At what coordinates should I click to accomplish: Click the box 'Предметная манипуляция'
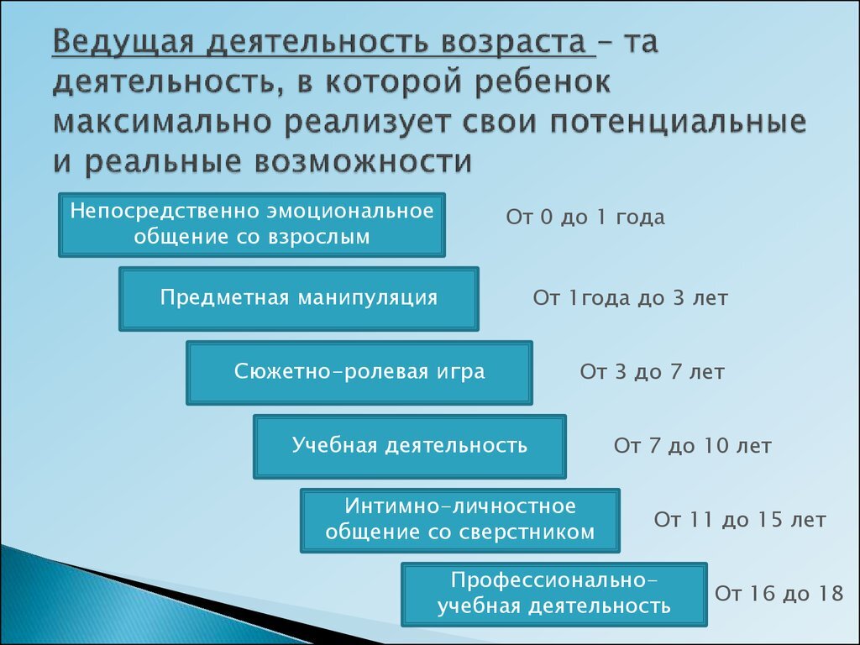coord(299,299)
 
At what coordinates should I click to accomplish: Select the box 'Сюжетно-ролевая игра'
coord(359,372)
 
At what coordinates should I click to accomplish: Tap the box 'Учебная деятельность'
coord(410,446)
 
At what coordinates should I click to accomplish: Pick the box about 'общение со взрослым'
coord(252,224)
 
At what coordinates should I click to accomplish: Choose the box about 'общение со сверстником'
coord(460,520)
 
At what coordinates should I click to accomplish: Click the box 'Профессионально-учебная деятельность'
coord(554,594)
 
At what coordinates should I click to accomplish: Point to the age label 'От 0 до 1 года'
coord(585,218)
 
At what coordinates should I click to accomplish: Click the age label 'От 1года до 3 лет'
coord(630,298)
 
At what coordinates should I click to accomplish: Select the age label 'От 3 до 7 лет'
coord(652,372)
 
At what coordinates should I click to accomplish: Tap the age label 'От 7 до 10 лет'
coord(692,446)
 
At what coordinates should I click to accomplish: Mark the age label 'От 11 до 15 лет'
coord(740,520)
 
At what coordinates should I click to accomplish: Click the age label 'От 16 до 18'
coord(779,594)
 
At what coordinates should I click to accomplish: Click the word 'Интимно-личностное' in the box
coord(460,506)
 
